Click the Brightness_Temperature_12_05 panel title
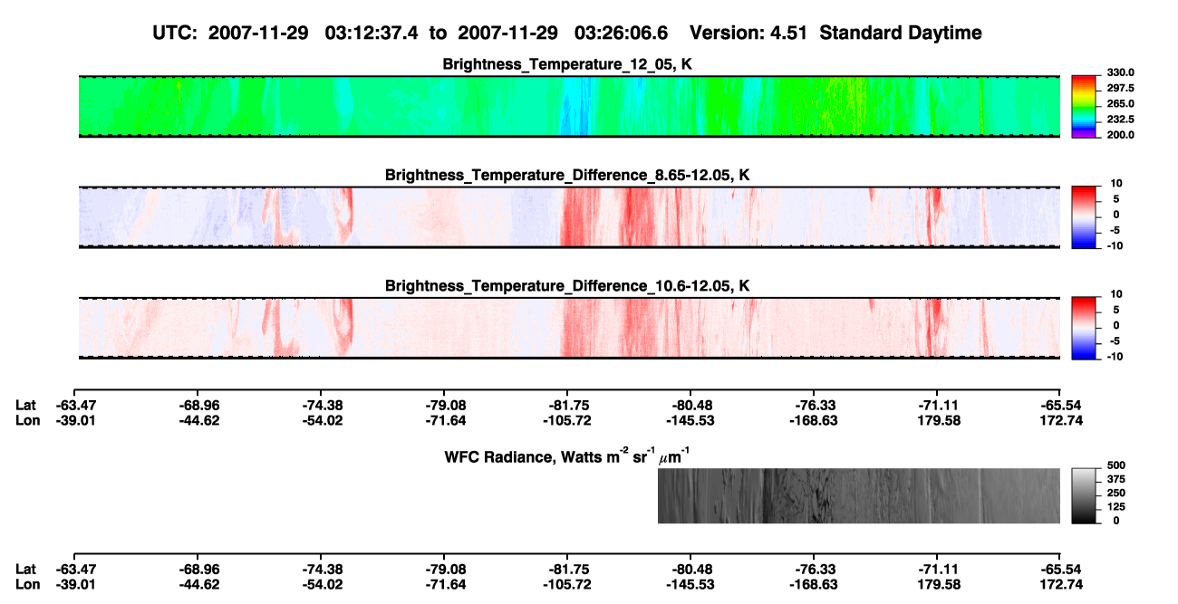click(567, 64)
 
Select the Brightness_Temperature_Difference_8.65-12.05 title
click(567, 175)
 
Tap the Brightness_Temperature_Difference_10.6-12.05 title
click(567, 286)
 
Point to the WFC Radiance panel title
click(567, 455)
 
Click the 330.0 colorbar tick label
click(1120, 72)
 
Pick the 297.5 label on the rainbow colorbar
click(1120, 88)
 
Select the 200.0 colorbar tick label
click(1120, 135)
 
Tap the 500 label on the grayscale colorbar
click(1116, 465)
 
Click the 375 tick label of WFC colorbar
click(1116, 479)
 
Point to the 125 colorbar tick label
click(1116, 507)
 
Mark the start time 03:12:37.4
click(372, 33)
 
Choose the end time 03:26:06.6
click(621, 33)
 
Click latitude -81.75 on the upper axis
click(567, 406)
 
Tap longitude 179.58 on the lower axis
click(939, 585)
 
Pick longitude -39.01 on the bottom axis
click(76, 585)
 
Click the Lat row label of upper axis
click(25, 406)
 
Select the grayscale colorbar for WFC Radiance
click(1084, 495)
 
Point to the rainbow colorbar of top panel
click(1084, 107)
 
